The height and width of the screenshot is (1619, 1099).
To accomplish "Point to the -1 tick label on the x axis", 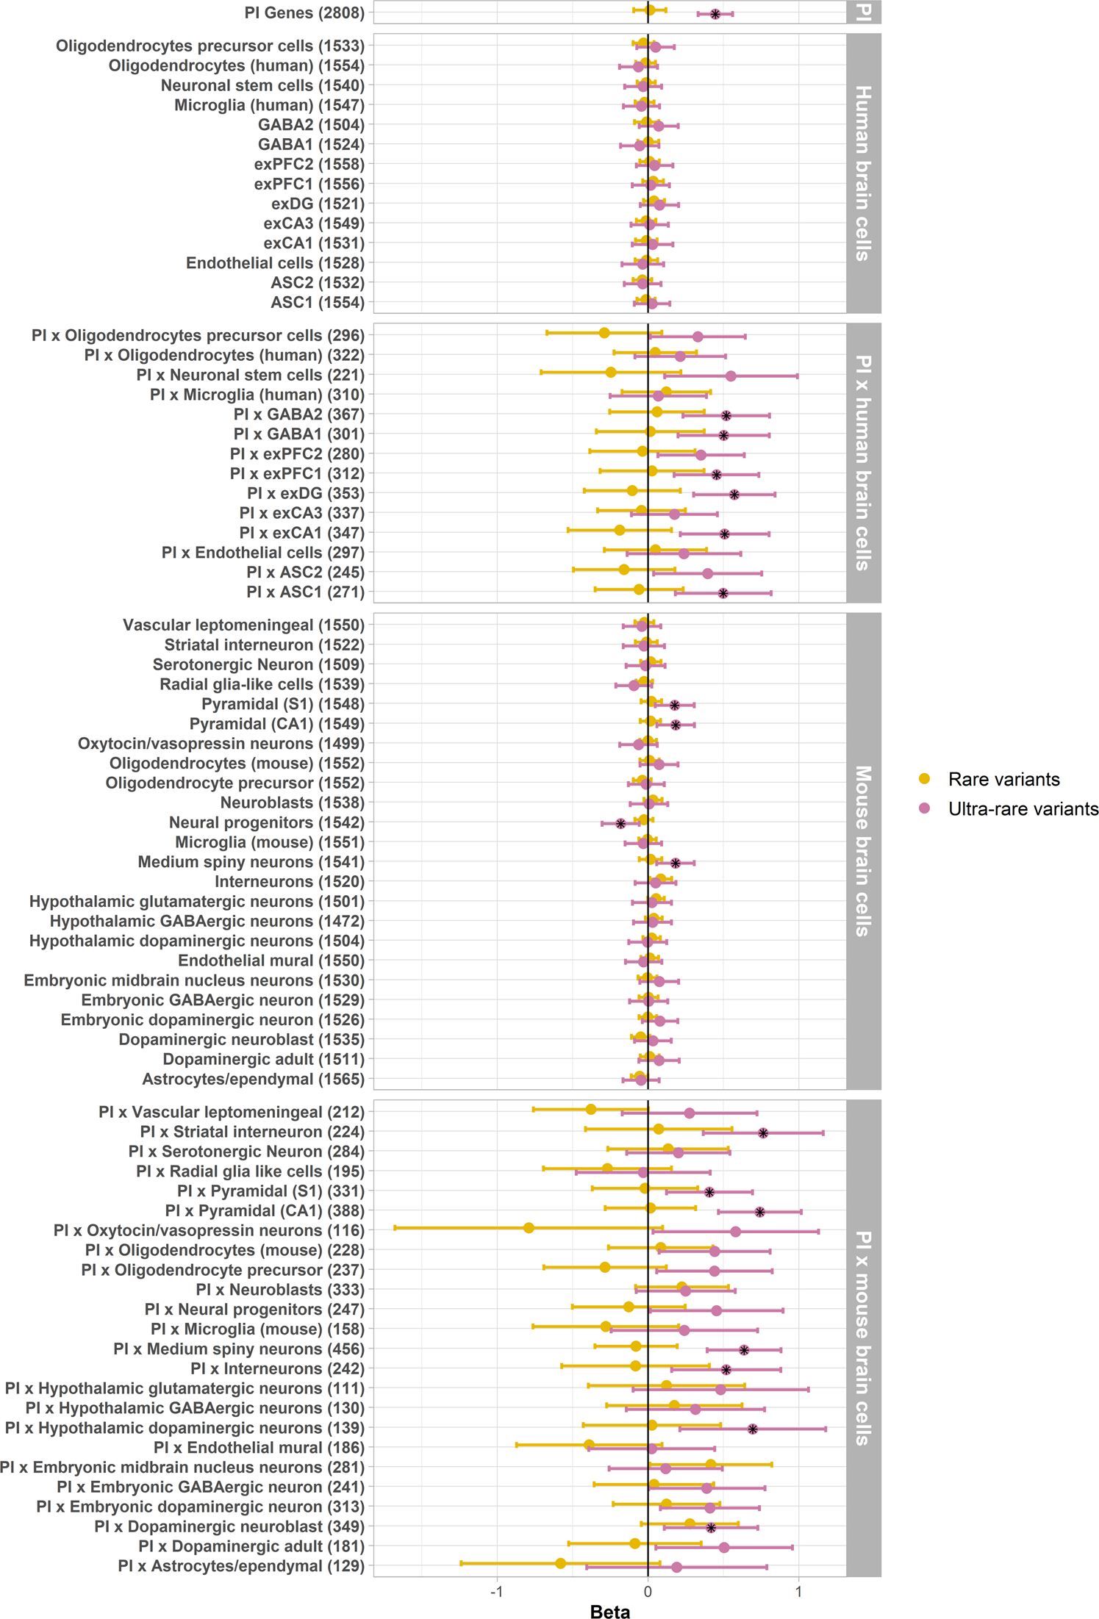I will pyautogui.click(x=496, y=1590).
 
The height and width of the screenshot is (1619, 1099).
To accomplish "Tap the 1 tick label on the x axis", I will pyautogui.click(x=798, y=1590).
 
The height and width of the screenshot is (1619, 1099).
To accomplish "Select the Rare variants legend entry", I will pyautogui.click(x=1003, y=779).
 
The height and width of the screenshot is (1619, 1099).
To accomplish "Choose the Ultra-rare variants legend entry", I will pyautogui.click(x=1023, y=808).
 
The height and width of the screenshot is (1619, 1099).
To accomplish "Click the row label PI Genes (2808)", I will pyautogui.click(x=304, y=13).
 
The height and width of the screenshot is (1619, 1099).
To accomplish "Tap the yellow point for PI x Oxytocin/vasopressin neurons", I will pyautogui.click(x=529, y=1228).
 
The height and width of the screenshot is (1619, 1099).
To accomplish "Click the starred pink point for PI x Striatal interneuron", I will pyautogui.click(x=763, y=1133).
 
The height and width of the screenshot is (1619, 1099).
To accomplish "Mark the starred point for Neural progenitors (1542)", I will pyautogui.click(x=620, y=824).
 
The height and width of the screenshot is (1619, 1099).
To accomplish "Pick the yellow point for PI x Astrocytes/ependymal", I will pyautogui.click(x=560, y=1563).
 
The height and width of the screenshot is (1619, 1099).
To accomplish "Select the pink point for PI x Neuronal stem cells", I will pyautogui.click(x=731, y=376).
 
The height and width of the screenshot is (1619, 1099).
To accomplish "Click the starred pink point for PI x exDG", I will pyautogui.click(x=734, y=495).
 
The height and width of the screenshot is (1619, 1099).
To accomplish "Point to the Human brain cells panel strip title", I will pyautogui.click(x=863, y=173).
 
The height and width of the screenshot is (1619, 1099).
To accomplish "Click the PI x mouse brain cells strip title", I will pyautogui.click(x=863, y=1338).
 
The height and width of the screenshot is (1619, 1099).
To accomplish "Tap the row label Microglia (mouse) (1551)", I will pyautogui.click(x=269, y=842).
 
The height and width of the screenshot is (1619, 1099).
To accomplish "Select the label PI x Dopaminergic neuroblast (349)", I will pyautogui.click(x=229, y=1526).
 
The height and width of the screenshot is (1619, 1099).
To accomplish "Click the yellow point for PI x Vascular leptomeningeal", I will pyautogui.click(x=591, y=1109).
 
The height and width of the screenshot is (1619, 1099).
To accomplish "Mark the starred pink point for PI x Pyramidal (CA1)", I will pyautogui.click(x=760, y=1212).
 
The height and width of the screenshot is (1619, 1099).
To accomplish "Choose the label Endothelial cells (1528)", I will pyautogui.click(x=275, y=263).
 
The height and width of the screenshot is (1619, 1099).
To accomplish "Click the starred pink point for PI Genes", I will pyautogui.click(x=715, y=14).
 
